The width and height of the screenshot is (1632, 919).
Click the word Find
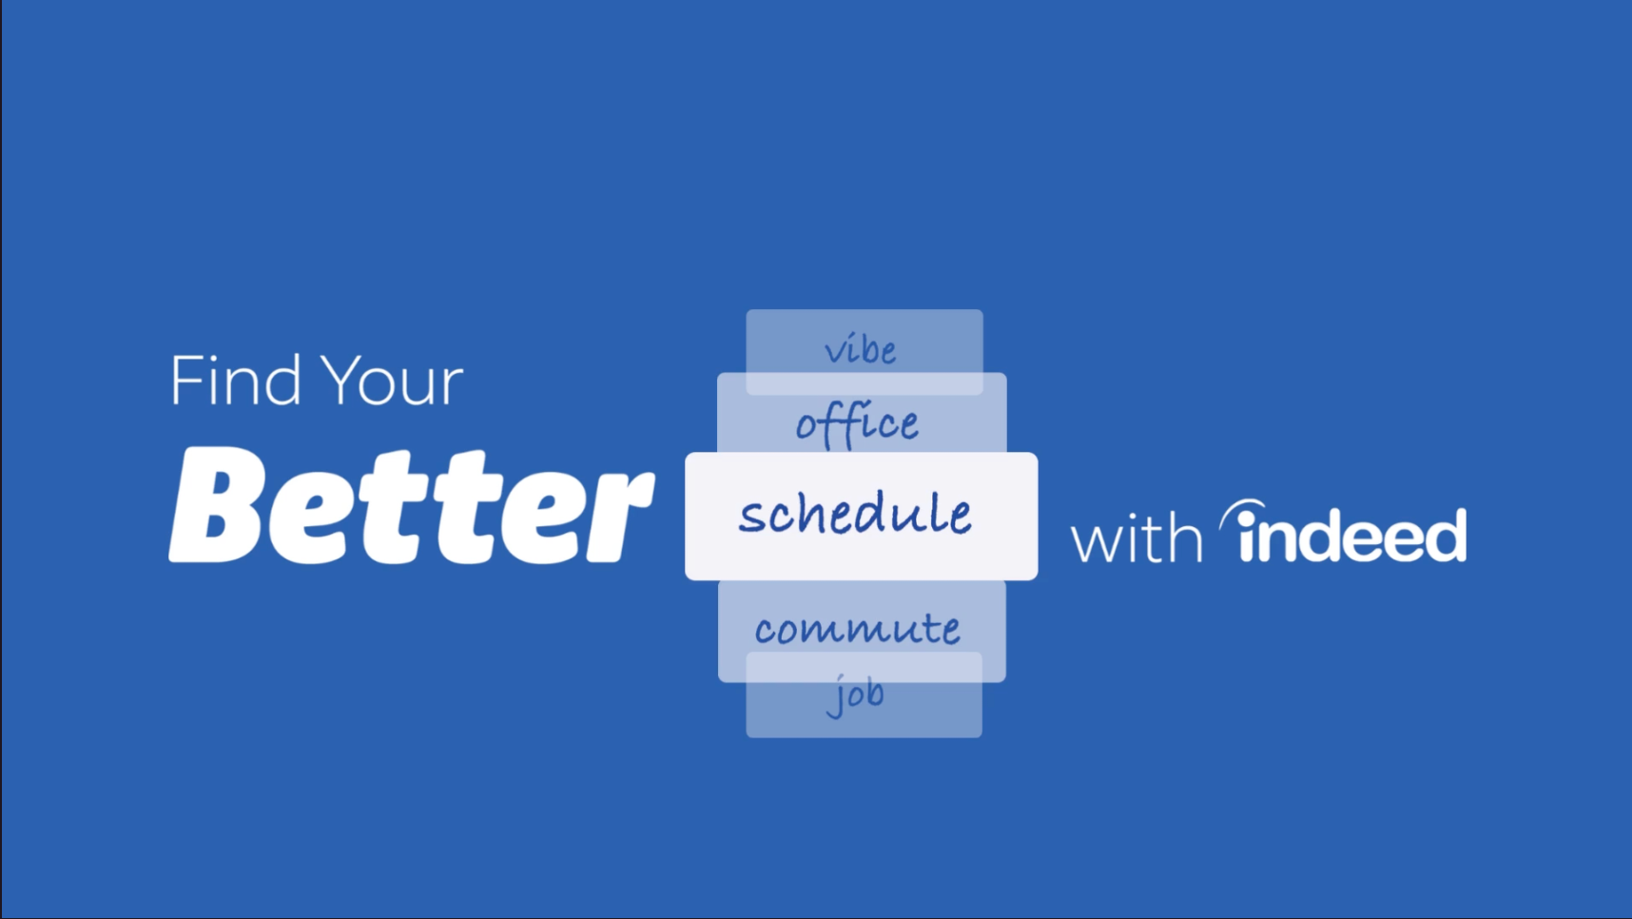[x=236, y=380]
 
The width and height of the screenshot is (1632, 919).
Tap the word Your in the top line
[x=392, y=381]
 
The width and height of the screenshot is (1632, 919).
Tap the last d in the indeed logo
[x=1444, y=535]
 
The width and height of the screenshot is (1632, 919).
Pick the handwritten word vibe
[x=861, y=350]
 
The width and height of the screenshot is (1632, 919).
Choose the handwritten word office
[x=858, y=424]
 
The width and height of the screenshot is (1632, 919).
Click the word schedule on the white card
[x=856, y=515]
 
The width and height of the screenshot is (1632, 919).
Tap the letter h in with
[x=1186, y=538]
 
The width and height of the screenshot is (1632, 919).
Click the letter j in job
[x=837, y=696]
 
